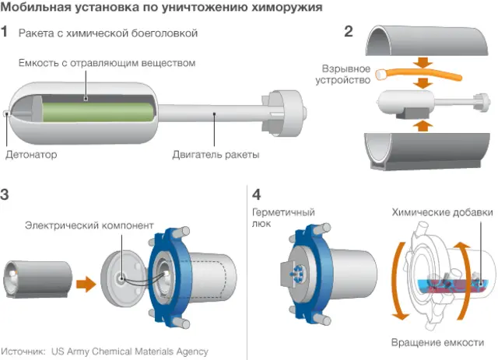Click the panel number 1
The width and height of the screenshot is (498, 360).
click(x=5, y=33)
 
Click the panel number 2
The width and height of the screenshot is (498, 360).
click(x=349, y=33)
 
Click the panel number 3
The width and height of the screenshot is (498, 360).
click(x=5, y=194)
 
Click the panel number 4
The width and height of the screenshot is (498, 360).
click(x=258, y=194)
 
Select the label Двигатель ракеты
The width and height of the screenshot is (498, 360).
click(x=216, y=155)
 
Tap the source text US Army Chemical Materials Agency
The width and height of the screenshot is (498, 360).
click(x=130, y=351)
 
